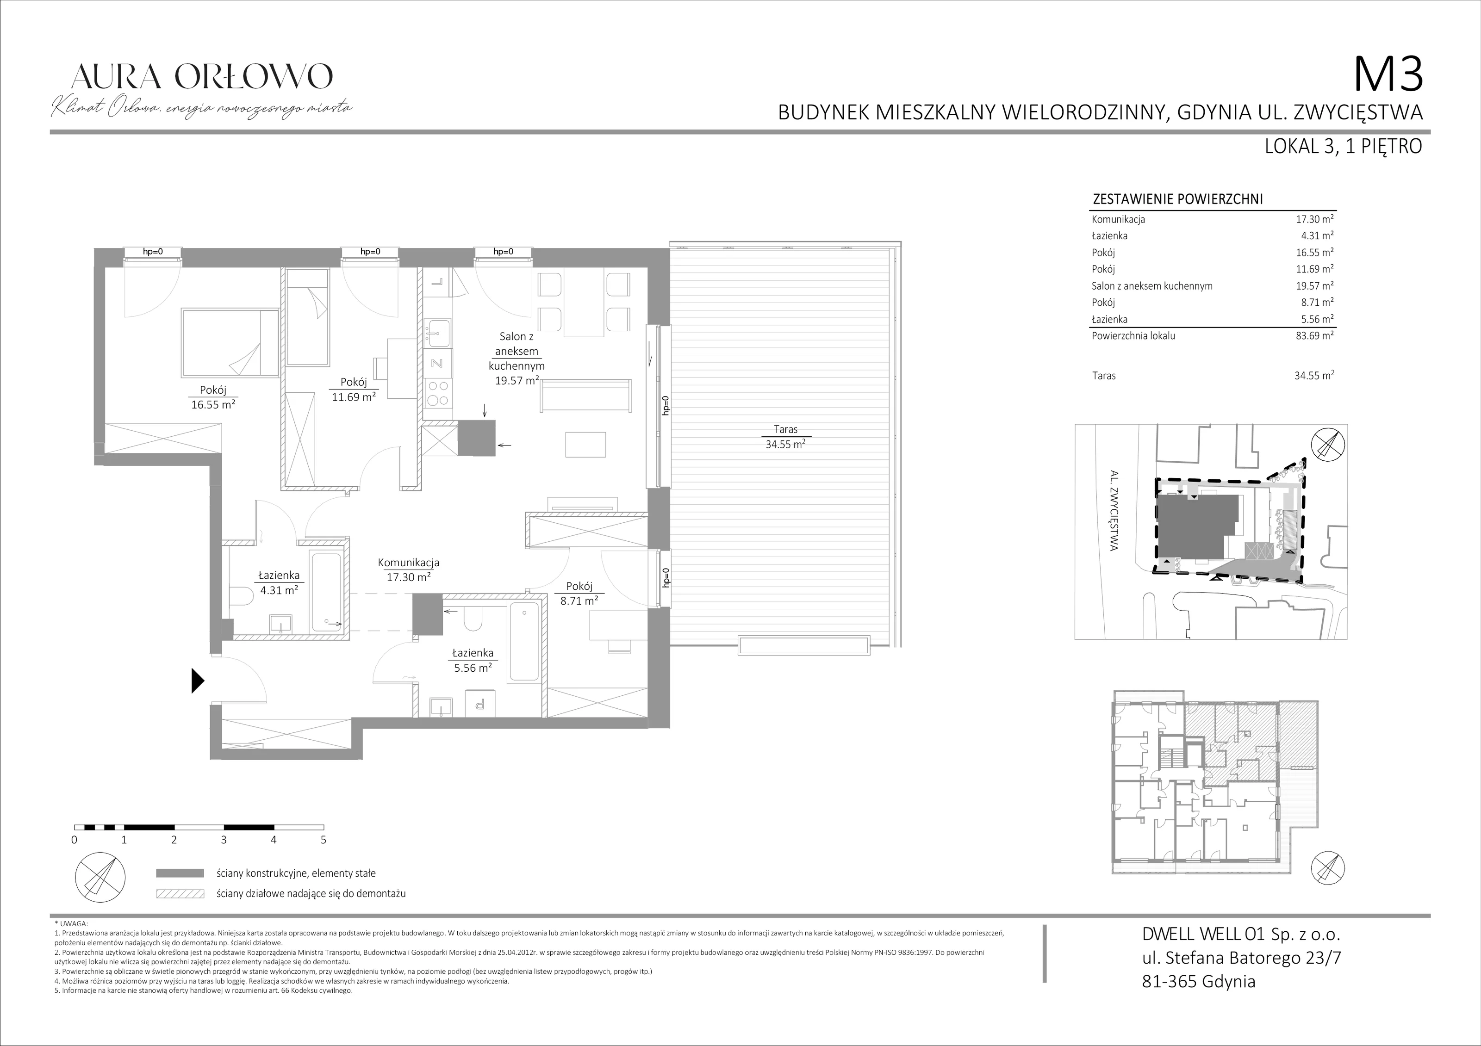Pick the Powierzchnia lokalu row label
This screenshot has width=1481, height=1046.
click(1133, 335)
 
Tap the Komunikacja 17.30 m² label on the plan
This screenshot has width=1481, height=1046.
click(408, 569)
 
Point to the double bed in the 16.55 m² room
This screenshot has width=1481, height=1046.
click(230, 342)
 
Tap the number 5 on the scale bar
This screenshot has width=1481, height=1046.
click(323, 840)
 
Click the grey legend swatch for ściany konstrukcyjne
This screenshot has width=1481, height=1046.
click(180, 873)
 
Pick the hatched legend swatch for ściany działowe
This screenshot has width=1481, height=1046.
click(180, 894)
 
